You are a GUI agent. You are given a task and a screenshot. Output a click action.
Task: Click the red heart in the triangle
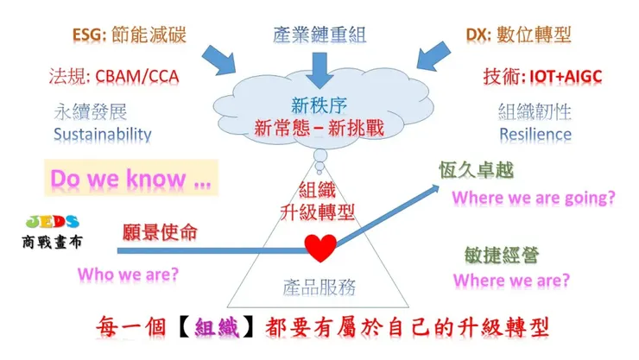[x=320, y=249]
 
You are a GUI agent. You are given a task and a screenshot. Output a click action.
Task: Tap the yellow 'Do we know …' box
[x=130, y=179]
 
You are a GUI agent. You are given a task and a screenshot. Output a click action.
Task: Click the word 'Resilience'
[x=535, y=135]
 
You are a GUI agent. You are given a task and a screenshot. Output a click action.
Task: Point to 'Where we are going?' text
[x=534, y=198]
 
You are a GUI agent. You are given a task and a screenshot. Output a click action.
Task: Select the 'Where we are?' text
[x=511, y=281]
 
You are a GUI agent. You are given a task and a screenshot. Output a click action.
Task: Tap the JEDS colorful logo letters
[x=54, y=221]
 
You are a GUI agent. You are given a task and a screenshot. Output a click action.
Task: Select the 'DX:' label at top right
[x=478, y=35]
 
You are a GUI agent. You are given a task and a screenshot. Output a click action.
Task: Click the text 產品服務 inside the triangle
[x=319, y=286]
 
